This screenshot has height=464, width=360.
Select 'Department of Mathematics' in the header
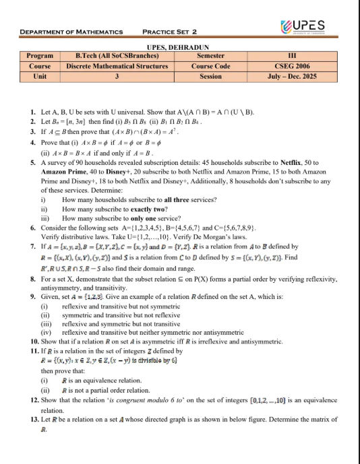(71, 32)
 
